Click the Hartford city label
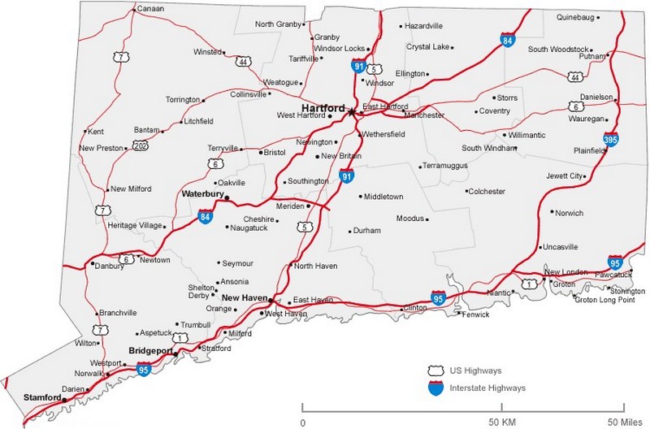pos(323,107)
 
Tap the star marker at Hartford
pos(351,112)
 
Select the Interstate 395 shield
pos(610,140)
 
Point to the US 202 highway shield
pos(141,146)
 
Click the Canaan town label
pos(149,9)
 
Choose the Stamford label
pos(42,397)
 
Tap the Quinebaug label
pos(576,16)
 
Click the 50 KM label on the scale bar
pos(501,422)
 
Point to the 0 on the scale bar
pos(302,422)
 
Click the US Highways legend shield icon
pos(435,370)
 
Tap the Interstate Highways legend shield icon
pos(435,388)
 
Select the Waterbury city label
pos(202,194)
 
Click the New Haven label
pos(245,298)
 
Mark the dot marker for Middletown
pos(361,196)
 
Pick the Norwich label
pos(570,213)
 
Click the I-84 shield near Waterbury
pos(205,217)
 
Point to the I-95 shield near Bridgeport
pos(144,370)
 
